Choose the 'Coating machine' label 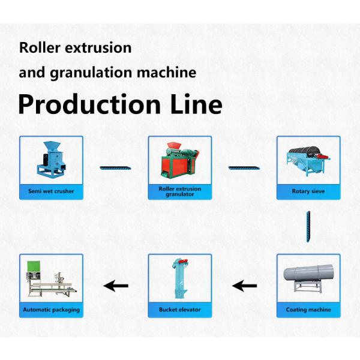coord(308,310)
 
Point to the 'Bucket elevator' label coord(180,310)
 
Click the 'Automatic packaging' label coord(51,310)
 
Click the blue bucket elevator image coord(180,279)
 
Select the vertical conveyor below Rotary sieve coord(308,226)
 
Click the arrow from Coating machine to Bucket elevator coord(245,286)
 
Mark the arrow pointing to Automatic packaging coord(116,286)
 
